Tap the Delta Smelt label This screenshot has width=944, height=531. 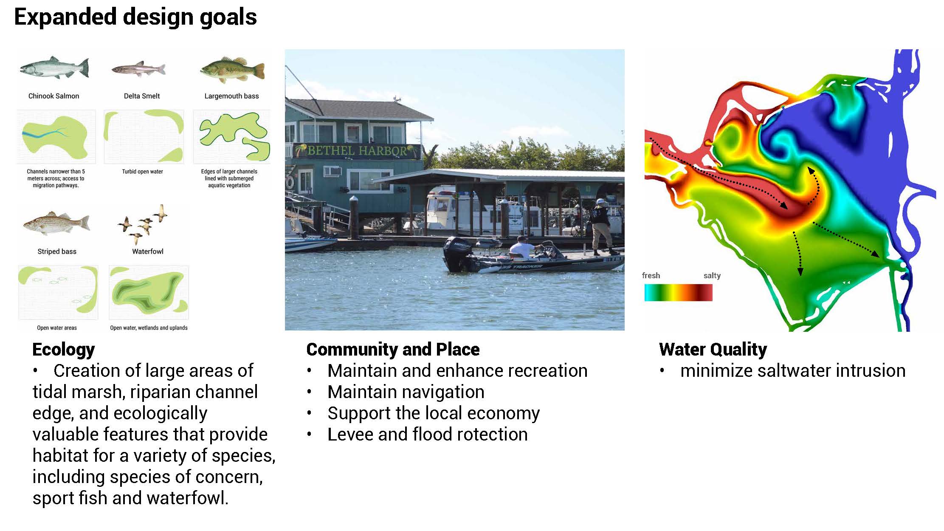(142, 96)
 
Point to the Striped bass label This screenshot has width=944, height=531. (57, 251)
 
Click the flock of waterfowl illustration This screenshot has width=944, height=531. (144, 224)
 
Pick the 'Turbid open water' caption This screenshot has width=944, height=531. (143, 172)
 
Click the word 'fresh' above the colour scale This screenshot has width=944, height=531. (651, 275)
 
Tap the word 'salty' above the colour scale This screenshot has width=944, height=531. (712, 275)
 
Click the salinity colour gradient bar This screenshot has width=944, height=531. (678, 292)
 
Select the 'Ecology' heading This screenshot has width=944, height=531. (64, 350)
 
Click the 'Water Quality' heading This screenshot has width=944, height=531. (713, 349)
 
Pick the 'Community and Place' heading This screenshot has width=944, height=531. (393, 349)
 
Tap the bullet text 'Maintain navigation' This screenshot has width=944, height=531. (406, 392)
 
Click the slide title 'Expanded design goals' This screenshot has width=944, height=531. (135, 17)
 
